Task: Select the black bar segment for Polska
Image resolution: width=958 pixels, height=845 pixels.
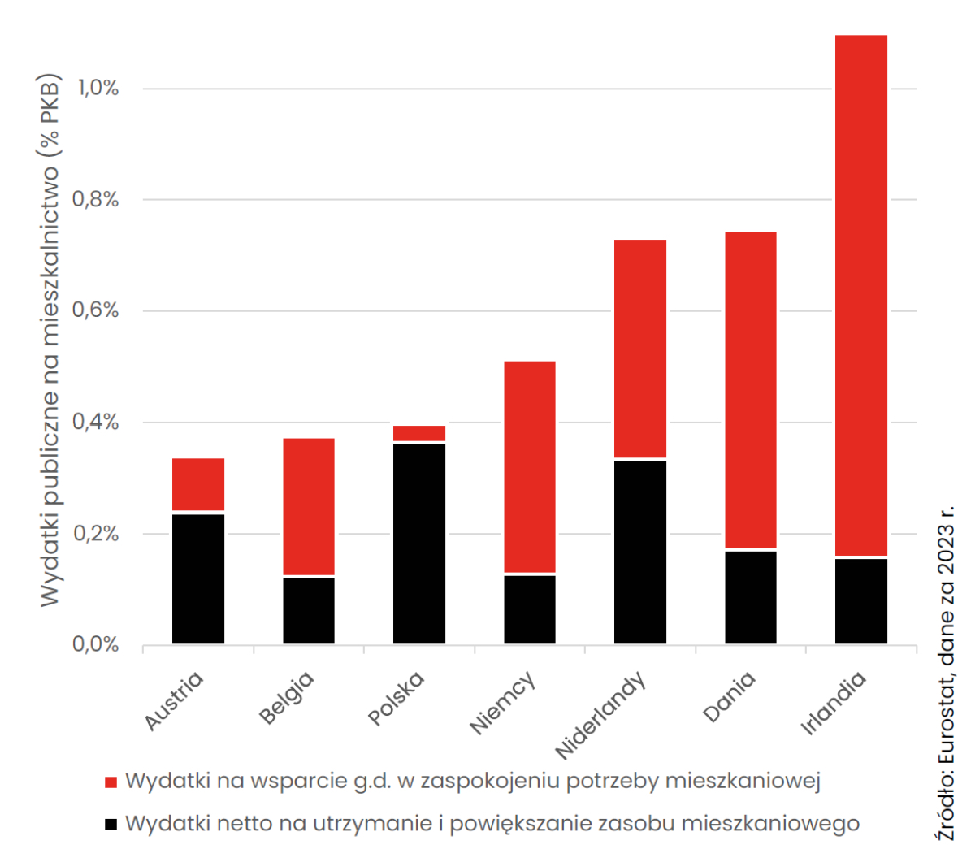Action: click(419, 544)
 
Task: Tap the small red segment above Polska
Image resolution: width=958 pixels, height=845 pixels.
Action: click(419, 433)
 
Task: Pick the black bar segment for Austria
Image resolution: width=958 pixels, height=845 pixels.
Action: click(198, 578)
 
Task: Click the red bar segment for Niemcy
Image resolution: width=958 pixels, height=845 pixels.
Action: click(530, 466)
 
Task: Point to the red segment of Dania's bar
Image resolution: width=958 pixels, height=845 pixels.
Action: click(751, 390)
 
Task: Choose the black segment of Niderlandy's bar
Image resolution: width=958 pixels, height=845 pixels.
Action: click(640, 552)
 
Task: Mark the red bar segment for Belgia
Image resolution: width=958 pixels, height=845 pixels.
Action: click(309, 506)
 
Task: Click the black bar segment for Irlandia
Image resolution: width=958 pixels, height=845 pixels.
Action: click(860, 600)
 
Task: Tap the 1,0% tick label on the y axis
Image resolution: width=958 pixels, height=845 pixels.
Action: click(98, 88)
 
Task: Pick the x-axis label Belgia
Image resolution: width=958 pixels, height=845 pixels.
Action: click(286, 697)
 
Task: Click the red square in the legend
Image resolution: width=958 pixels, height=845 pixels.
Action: click(111, 782)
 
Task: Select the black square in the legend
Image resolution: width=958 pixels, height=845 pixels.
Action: click(111, 824)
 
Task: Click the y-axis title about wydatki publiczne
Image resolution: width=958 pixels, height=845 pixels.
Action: click(50, 341)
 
